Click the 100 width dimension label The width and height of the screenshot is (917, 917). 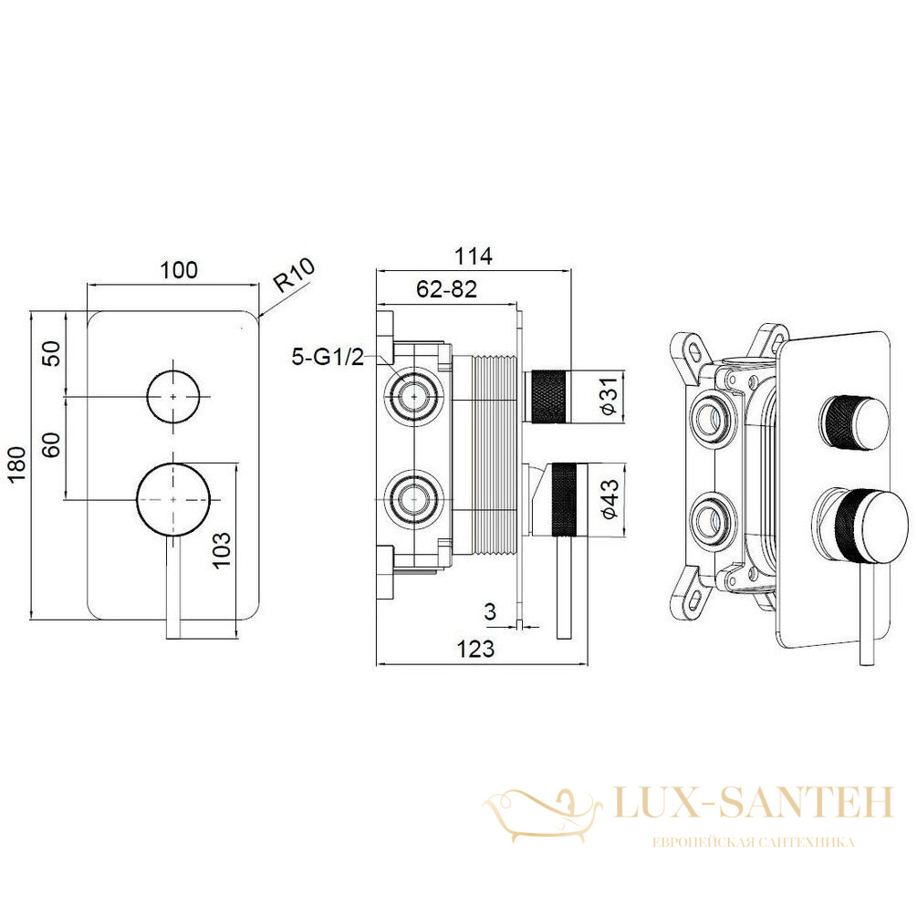[179, 270]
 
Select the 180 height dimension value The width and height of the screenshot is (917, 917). [17, 464]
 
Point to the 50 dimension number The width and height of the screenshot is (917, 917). [53, 353]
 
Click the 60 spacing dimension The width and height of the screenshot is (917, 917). [52, 445]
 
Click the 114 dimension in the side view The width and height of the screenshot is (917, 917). [474, 255]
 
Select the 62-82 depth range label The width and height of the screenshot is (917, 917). [446, 289]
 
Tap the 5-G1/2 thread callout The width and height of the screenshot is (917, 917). [328, 356]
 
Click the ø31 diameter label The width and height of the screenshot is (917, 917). [609, 396]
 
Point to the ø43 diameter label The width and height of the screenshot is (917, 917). [609, 499]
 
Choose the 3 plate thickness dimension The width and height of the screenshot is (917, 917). [490, 611]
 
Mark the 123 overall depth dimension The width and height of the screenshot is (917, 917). [475, 649]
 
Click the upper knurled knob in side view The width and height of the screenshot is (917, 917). [548, 396]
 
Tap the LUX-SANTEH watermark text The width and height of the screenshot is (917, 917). [755, 802]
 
